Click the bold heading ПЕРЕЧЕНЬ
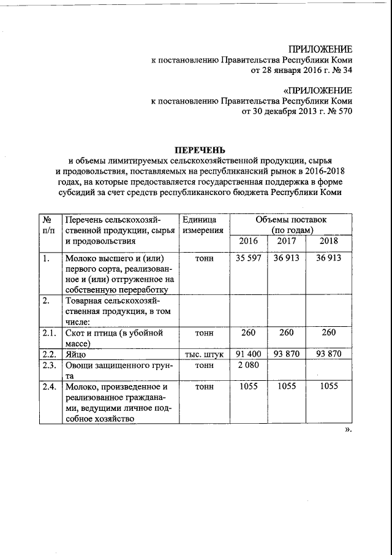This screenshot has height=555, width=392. (x=200, y=149)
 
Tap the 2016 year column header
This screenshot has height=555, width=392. (x=248, y=241)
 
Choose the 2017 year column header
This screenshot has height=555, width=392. (x=287, y=241)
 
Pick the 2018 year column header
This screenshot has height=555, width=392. (x=328, y=241)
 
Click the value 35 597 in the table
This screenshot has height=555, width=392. (x=249, y=258)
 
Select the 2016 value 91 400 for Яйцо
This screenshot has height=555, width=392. (x=249, y=354)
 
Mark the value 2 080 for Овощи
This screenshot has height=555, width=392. (x=248, y=366)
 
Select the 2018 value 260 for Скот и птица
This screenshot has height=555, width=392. (x=328, y=333)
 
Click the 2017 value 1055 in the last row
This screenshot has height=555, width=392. (x=287, y=388)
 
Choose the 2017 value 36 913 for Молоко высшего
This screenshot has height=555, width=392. (x=287, y=258)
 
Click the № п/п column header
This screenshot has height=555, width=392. (x=47, y=224)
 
